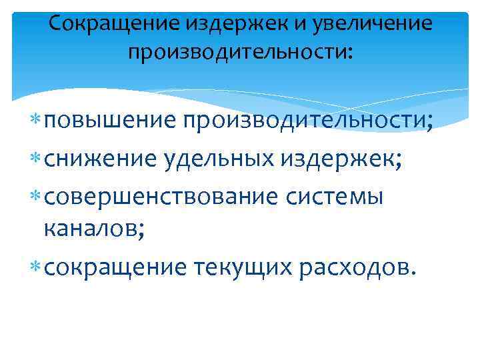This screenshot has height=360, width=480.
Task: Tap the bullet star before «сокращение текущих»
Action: [x=35, y=267]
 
